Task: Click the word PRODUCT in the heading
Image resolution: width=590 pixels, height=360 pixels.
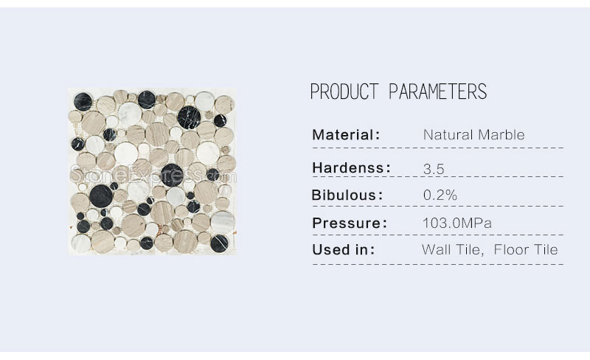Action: [344, 91]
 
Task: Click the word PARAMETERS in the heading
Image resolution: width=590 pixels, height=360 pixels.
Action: [437, 91]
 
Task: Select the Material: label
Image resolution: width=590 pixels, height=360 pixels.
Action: [346, 135]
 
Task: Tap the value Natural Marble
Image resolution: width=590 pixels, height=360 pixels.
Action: [473, 135]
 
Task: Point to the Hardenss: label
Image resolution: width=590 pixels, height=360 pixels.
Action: [352, 167]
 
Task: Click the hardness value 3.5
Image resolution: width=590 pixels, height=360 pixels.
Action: [434, 169]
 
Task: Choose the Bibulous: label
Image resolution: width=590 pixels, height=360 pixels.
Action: [347, 195]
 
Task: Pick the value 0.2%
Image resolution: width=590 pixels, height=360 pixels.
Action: [440, 195]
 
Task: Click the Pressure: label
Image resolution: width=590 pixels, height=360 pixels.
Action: [350, 223]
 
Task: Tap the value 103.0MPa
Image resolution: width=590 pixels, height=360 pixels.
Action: [457, 223]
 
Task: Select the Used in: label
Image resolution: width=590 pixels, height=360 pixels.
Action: [344, 249]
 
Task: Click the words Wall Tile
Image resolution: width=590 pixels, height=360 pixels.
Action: [453, 249]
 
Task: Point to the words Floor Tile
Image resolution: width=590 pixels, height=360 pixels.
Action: [526, 249]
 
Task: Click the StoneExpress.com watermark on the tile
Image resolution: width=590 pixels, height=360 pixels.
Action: [153, 176]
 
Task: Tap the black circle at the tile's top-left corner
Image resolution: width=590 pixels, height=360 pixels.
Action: [83, 101]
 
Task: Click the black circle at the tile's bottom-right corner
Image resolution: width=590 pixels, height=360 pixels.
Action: [219, 243]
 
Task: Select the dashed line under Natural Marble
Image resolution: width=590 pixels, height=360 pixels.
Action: [438, 148]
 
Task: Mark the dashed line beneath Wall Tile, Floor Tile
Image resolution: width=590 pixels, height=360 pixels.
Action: [438, 264]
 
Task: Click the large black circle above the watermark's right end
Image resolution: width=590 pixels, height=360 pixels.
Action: [189, 117]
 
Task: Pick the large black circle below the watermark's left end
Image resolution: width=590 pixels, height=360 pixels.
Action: [101, 196]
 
